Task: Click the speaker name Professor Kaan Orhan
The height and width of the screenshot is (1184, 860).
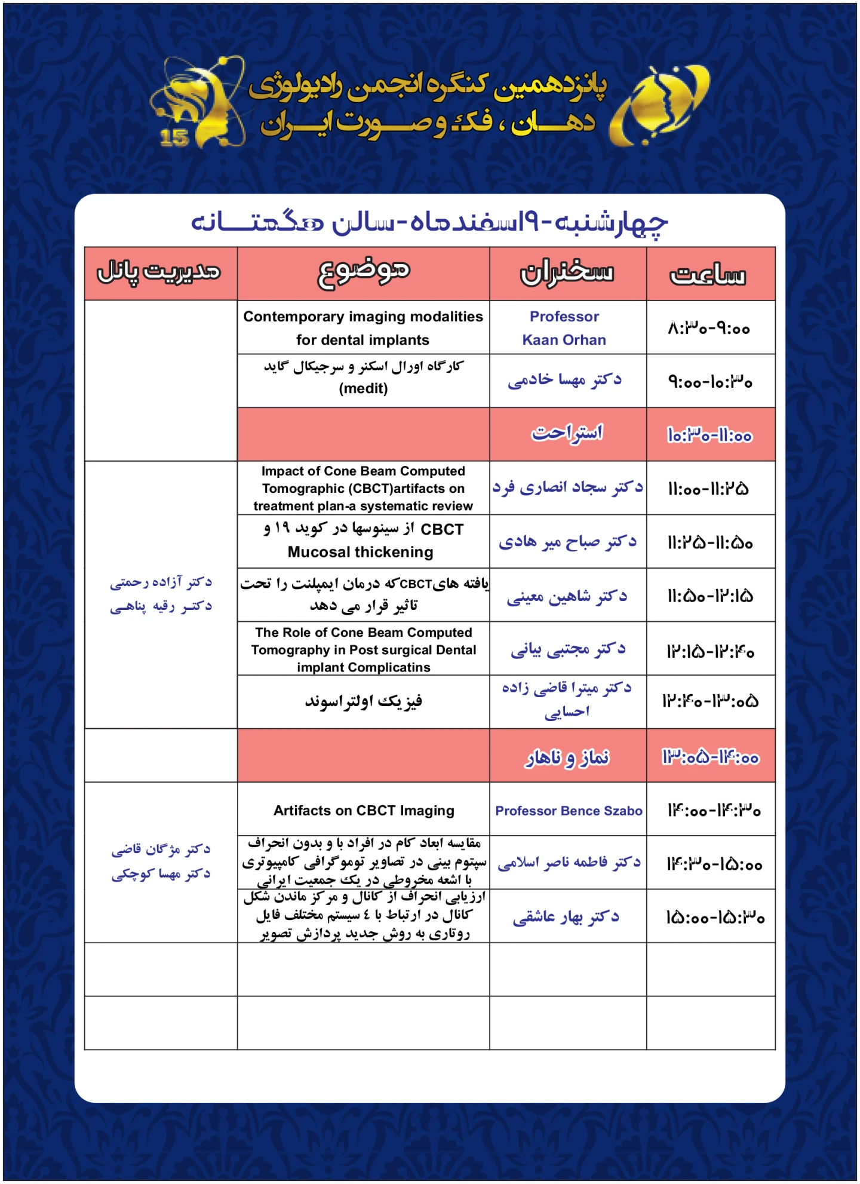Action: [564, 328]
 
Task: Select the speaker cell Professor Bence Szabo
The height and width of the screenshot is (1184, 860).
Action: [569, 811]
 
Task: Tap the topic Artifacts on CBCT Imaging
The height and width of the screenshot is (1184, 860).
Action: [364, 811]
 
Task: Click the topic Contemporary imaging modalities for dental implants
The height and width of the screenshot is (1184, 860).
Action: [363, 328]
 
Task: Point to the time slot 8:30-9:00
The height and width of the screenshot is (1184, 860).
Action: [709, 328]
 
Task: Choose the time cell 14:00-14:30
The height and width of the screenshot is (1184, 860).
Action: [714, 811]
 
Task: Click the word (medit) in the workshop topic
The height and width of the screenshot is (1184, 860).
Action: [363, 389]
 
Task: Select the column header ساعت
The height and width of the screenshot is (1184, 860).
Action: [708, 275]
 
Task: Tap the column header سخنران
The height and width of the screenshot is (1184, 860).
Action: [566, 274]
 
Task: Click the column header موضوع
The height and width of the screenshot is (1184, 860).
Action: [364, 272]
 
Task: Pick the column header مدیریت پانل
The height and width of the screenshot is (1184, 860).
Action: [159, 272]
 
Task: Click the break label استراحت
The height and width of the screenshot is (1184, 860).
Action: [567, 433]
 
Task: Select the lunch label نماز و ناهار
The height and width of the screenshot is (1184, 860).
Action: [567, 757]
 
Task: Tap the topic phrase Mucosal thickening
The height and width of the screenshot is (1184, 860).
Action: [360, 552]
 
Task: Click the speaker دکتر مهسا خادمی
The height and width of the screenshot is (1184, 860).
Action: [564, 381]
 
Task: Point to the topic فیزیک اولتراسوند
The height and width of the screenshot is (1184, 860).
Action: [364, 701]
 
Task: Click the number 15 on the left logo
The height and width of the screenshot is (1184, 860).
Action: [174, 138]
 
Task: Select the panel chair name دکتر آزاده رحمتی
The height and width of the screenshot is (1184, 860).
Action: [161, 582]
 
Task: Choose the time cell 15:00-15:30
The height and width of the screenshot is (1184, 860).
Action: [715, 918]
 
